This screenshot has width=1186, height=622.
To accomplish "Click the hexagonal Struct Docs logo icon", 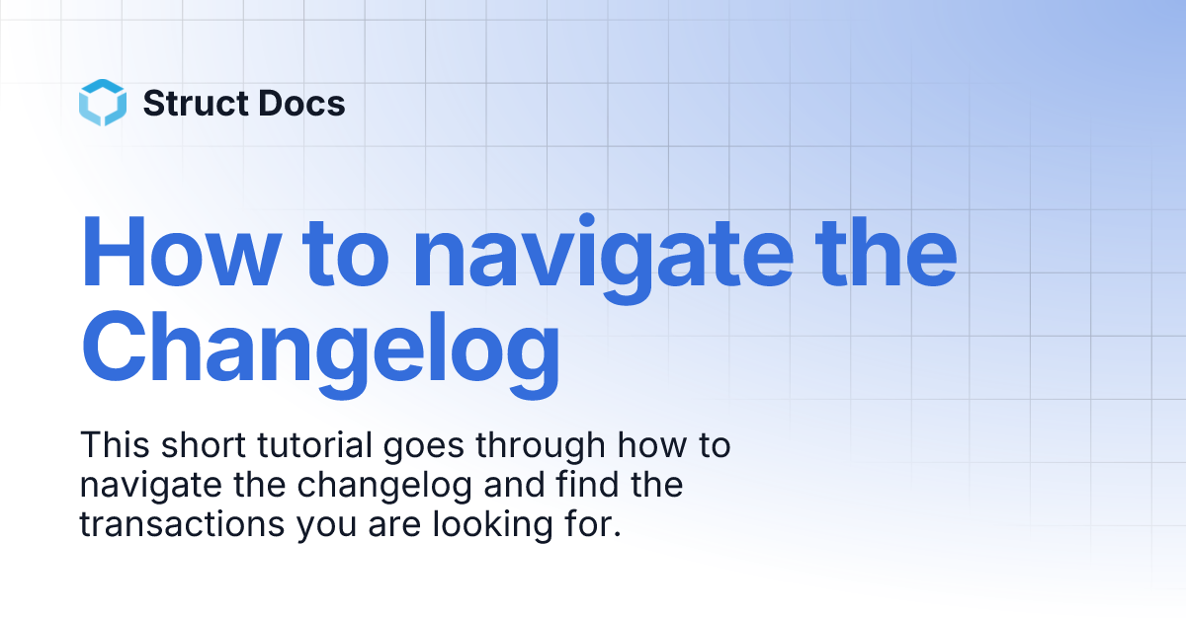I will (103, 103).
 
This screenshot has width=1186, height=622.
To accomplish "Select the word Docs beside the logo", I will (306, 103).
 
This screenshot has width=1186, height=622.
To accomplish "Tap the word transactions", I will (182, 524).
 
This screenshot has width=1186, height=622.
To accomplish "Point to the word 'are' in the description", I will (392, 526).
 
